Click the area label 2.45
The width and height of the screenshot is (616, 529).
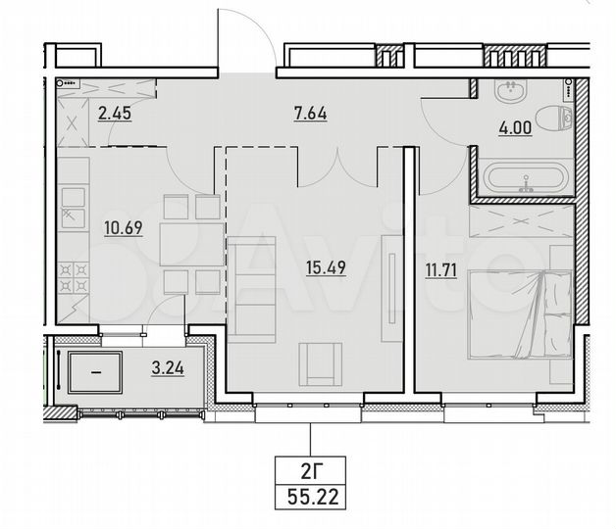114,111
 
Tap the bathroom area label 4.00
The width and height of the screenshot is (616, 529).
517,127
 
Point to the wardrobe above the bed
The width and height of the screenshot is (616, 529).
520,220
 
